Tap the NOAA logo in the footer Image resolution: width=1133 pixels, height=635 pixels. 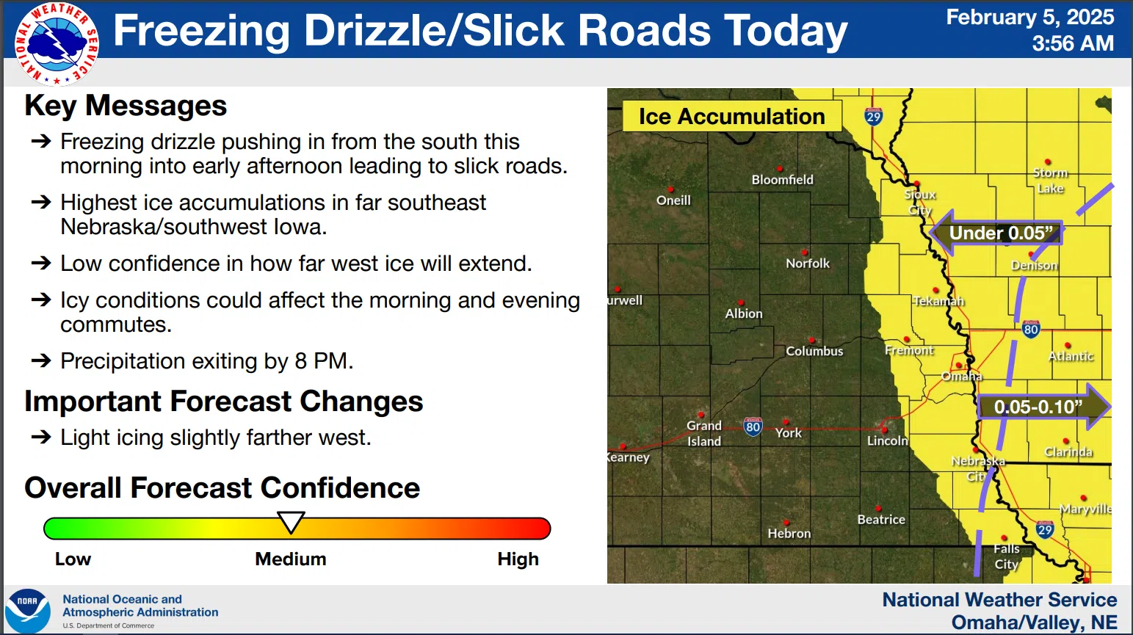click(28, 611)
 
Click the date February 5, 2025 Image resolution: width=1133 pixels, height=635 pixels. click(1029, 18)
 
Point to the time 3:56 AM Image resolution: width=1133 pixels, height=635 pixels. click(1073, 43)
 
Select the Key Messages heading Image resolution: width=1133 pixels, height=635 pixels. click(126, 106)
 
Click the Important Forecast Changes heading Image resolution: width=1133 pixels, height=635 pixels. click(223, 402)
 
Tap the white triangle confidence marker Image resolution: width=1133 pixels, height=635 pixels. click(291, 522)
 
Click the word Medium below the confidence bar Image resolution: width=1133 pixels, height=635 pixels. click(291, 559)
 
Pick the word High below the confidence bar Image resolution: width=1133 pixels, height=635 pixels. click(518, 559)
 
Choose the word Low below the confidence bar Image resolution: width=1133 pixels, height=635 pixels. click(73, 559)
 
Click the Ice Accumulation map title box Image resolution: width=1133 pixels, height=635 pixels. click(732, 116)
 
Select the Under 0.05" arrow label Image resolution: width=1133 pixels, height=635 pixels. click(996, 233)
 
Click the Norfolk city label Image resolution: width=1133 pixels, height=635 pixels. click(808, 264)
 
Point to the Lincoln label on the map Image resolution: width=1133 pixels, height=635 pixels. click(888, 441)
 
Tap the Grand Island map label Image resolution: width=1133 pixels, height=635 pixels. click(704, 433)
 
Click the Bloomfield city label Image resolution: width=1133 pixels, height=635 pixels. click(783, 179)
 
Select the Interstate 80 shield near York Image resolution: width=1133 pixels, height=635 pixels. click(753, 427)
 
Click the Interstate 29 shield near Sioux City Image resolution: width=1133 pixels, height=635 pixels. click(874, 117)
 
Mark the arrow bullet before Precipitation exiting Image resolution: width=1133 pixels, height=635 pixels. click(41, 360)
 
